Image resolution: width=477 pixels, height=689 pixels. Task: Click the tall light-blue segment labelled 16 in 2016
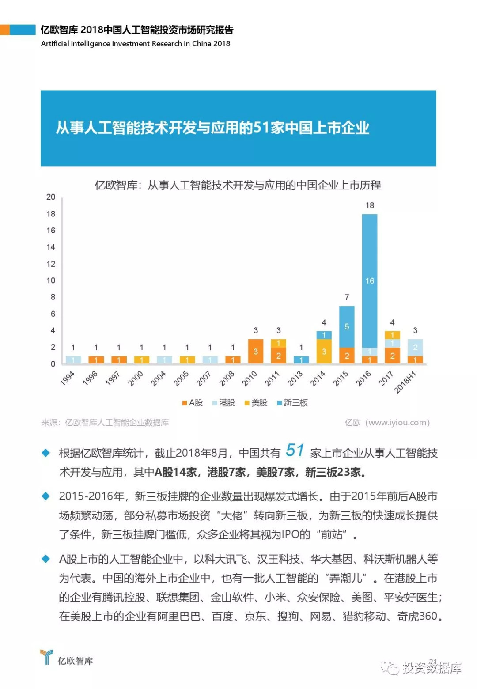pos(370,280)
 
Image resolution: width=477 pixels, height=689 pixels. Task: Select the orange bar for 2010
pos(256,352)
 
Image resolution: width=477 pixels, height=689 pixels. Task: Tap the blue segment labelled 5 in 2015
pos(347,326)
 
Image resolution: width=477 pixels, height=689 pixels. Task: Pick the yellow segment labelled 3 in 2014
pos(324,352)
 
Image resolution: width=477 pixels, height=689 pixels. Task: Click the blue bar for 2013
pos(301,360)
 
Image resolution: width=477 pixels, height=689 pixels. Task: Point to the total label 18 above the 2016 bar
pos(370,205)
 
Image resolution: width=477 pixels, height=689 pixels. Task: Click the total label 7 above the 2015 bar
pos(347,297)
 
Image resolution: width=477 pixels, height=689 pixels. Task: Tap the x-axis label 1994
pos(68,379)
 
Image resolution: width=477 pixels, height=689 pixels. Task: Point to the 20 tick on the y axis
pos(51,197)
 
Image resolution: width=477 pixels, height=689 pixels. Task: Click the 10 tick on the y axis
pos(51,280)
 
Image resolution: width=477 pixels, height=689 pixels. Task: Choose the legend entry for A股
pos(193,403)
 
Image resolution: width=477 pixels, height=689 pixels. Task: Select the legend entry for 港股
pos(224,403)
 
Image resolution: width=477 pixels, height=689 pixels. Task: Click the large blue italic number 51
pos(295,450)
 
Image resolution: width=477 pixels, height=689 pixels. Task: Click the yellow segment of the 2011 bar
pos(278,343)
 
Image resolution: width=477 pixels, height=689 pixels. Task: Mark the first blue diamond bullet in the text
pos(45,453)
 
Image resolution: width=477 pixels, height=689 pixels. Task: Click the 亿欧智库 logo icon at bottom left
pos(46,657)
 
